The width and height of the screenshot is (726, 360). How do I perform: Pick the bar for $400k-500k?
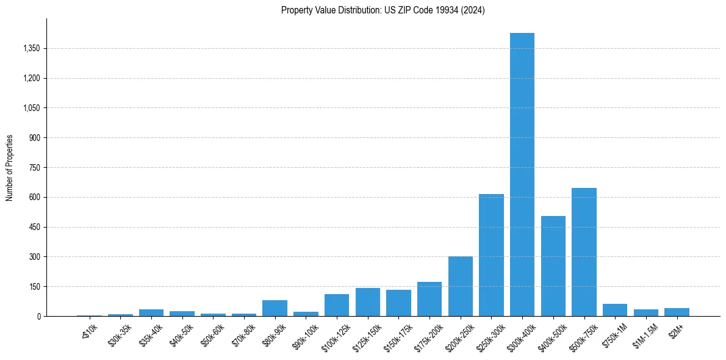553,266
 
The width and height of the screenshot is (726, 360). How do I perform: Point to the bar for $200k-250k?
460,286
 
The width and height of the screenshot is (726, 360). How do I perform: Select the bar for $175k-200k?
429,299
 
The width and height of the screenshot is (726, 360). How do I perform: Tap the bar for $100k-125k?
336,305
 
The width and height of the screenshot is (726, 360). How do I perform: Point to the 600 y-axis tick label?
34,197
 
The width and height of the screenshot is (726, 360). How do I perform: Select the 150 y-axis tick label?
34,287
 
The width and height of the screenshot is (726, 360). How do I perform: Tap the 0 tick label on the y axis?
38,316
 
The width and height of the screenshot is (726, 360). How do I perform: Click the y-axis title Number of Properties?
10,167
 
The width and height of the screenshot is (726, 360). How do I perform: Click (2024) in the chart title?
475,10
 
